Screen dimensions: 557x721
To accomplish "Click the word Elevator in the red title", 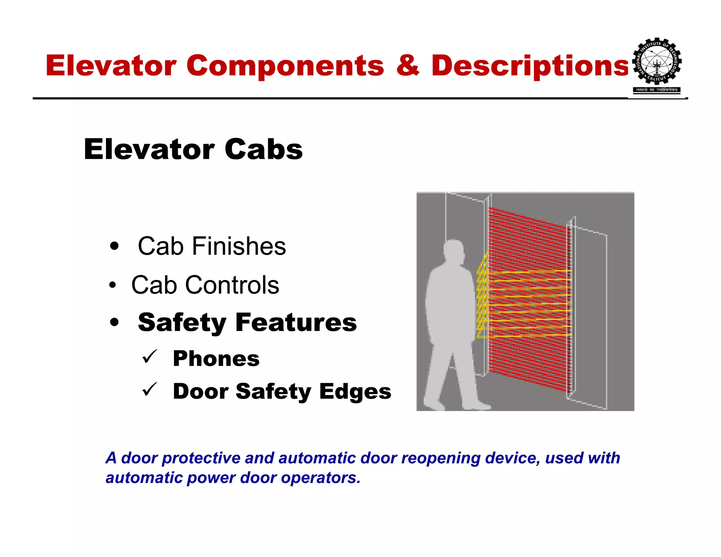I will pos(111,66).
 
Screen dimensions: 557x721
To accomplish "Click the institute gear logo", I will pos(657,62).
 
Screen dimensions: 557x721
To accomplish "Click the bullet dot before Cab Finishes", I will pos(114,246).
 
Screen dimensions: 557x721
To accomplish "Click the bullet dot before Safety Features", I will pos(114,322).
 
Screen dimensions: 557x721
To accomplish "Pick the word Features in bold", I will pos(296,323).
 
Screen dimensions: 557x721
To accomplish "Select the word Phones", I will pos(216,359).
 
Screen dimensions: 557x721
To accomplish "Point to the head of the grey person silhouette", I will pos(453,251).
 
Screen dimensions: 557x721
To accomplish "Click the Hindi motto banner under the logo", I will pos(657,90).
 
